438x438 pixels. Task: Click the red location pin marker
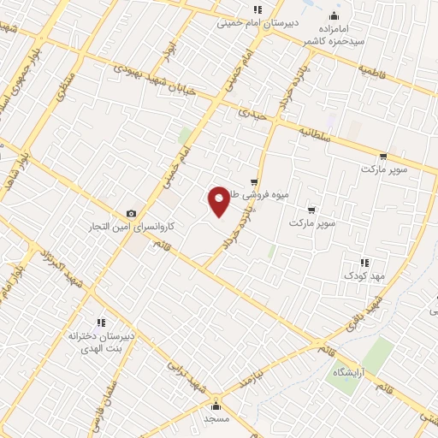tap(220, 201)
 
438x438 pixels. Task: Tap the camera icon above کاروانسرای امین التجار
tap(131, 214)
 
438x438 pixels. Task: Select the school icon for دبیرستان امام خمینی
tap(257, 10)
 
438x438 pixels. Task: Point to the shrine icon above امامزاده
tap(334, 15)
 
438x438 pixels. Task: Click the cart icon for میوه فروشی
tap(254, 182)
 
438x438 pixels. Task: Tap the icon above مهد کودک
tap(364, 262)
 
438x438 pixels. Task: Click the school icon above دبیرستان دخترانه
tap(100, 323)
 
